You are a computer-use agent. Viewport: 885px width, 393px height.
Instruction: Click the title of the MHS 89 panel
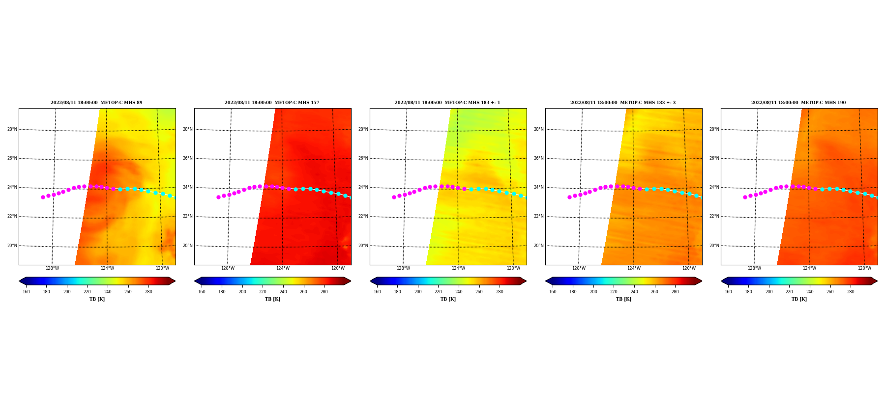pos(96,103)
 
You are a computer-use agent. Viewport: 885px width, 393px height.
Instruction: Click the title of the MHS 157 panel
pos(272,103)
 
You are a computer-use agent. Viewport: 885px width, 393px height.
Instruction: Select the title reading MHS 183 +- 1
pos(447,103)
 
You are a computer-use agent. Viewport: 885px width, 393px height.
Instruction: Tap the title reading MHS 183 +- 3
pos(623,103)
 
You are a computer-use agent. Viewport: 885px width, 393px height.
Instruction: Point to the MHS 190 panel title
pos(798,103)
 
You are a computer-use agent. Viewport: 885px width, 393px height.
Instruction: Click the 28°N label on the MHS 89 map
pos(12,129)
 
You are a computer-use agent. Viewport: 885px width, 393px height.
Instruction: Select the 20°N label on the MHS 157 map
pos(187,246)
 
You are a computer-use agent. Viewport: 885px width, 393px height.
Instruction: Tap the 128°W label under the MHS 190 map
pos(754,268)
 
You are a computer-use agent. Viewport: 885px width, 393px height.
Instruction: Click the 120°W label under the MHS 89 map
pos(162,268)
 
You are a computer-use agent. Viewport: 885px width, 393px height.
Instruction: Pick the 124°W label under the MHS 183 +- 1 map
pos(458,268)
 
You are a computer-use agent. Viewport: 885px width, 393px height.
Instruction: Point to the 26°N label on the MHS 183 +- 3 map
pos(538,158)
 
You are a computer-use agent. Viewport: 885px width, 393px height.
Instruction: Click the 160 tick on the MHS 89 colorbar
pos(26,292)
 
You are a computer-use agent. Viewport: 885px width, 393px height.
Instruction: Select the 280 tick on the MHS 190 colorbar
pos(851,292)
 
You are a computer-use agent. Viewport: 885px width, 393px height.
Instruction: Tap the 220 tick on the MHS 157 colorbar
pos(263,292)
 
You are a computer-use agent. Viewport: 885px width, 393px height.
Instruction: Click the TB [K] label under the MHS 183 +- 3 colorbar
pos(623,299)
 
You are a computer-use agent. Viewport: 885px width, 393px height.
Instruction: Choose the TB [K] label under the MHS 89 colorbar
pos(97,299)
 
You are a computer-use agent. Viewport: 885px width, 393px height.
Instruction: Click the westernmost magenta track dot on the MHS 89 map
pos(43,197)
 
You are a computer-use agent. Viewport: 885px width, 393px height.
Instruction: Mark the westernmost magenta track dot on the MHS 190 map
pos(745,197)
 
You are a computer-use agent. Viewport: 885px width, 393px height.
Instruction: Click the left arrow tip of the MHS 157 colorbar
pos(195,281)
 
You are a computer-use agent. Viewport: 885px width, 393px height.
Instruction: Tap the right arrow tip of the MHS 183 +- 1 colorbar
pos(526,281)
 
